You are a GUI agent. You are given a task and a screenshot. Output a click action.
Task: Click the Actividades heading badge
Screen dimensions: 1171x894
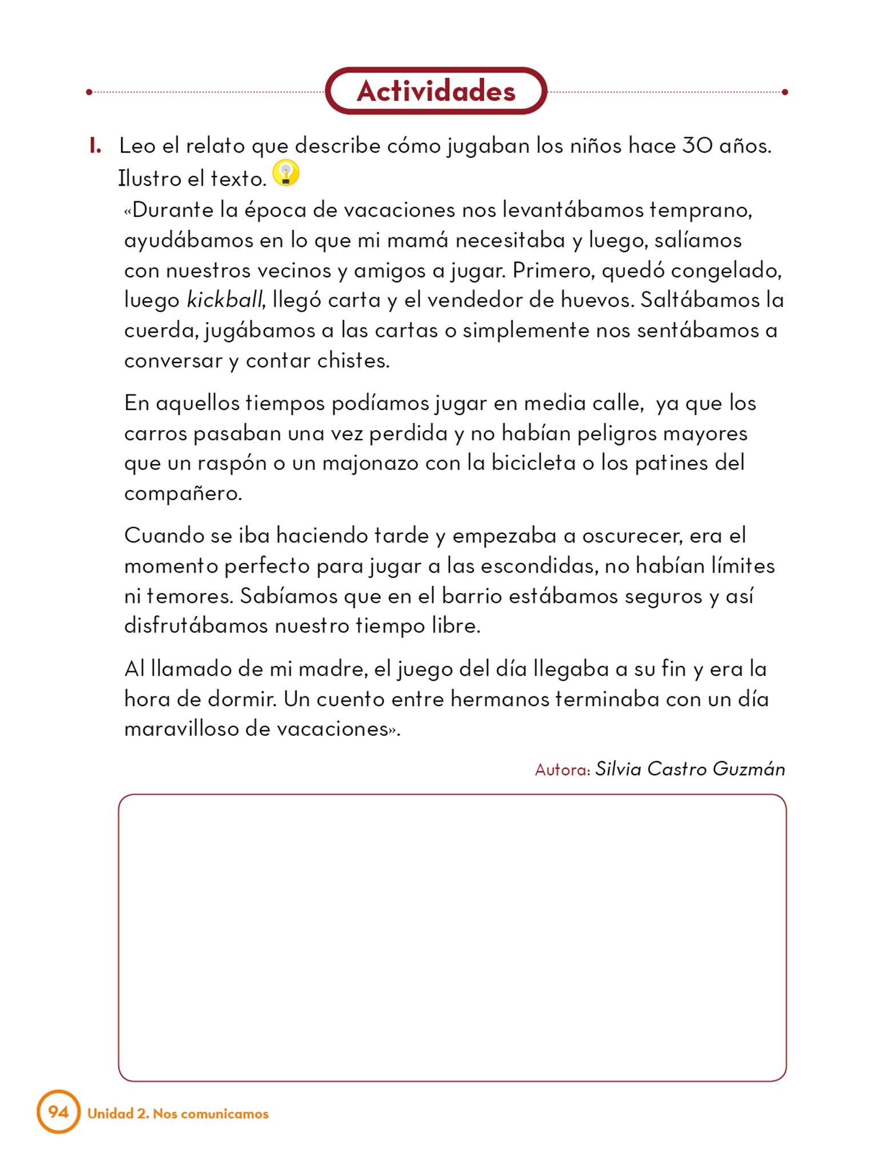[x=436, y=91]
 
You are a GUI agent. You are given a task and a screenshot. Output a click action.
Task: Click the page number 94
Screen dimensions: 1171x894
[x=58, y=1112]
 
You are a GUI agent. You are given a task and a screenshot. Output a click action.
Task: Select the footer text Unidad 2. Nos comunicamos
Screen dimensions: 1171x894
[x=178, y=1114]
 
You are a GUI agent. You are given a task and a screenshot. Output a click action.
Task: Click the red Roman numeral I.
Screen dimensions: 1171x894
[x=95, y=146]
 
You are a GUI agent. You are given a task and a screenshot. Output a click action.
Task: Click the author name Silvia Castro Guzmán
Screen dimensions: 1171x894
[x=690, y=769]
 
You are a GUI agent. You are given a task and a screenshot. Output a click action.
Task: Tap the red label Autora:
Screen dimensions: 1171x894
[x=562, y=770]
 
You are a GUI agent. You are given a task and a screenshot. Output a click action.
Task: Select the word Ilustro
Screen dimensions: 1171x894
[x=149, y=178]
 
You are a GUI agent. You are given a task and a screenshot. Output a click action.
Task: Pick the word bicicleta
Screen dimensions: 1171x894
[x=533, y=463]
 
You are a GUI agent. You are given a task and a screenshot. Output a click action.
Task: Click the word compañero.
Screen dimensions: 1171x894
[x=183, y=493]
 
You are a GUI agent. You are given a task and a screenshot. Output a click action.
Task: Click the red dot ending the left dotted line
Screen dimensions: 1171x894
[x=89, y=92]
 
